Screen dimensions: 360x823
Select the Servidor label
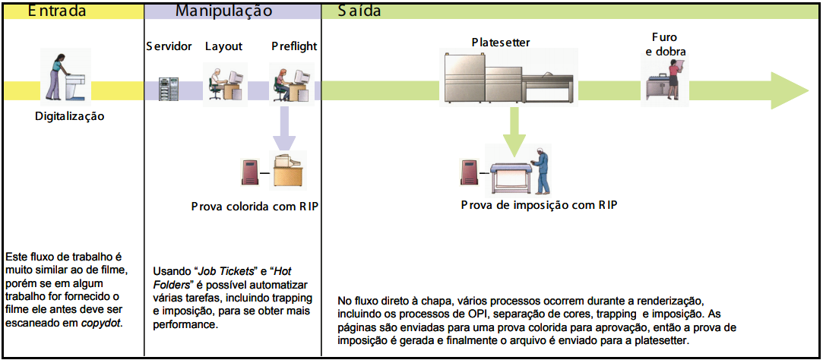pyautogui.click(x=169, y=46)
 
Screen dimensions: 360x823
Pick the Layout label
pyautogui.click(x=223, y=46)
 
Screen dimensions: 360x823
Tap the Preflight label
pyautogui.click(x=294, y=46)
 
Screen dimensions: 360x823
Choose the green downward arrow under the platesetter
pyautogui.click(x=514, y=137)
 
